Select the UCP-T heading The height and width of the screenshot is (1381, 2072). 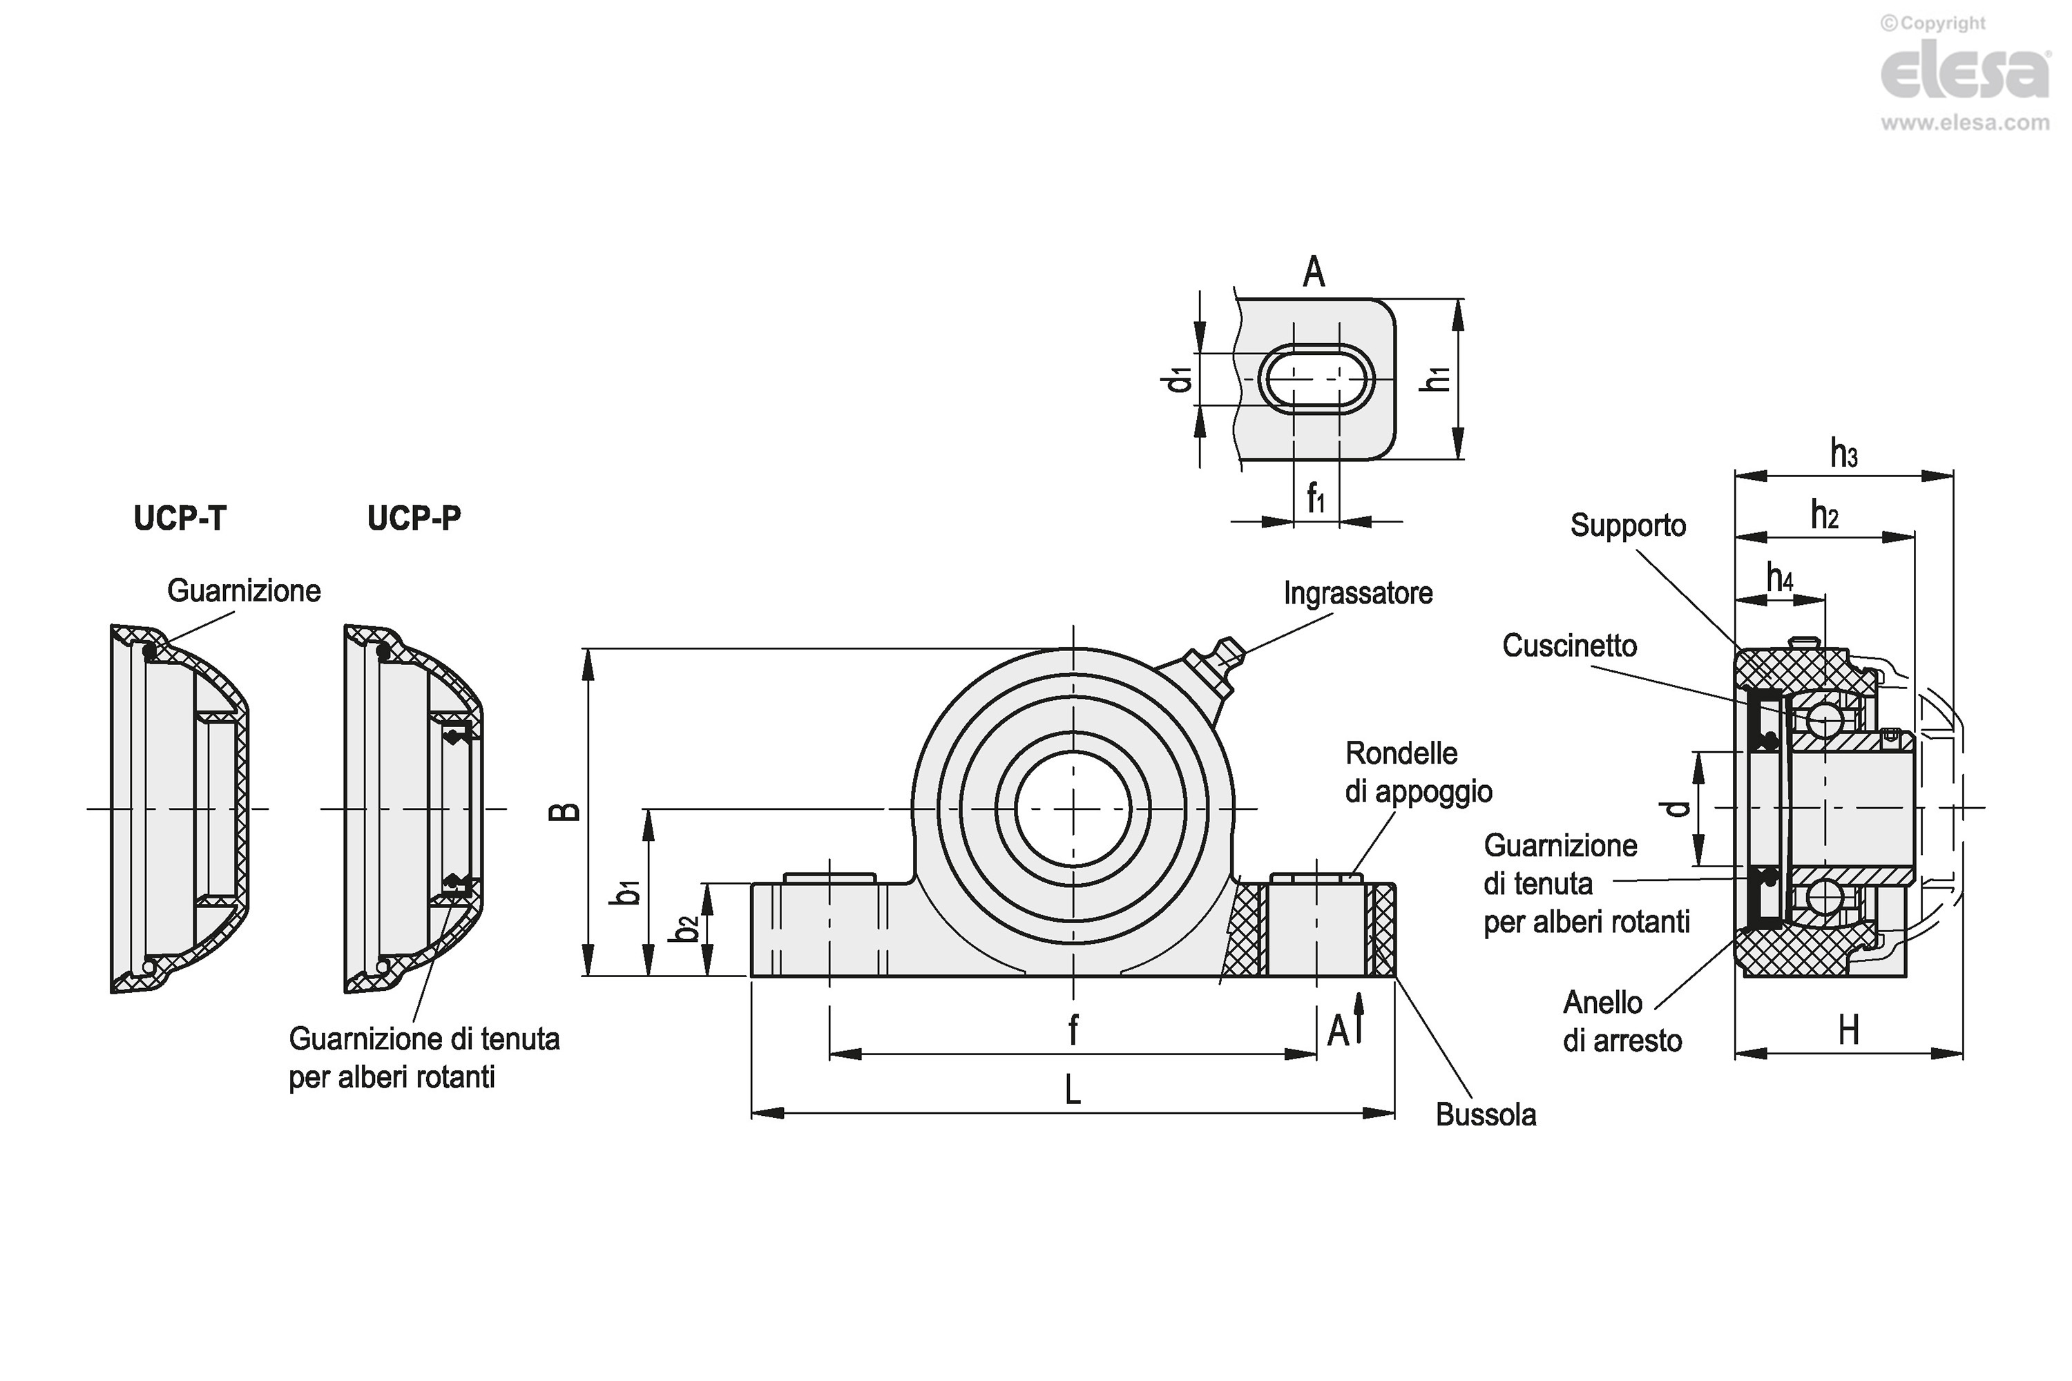click(x=180, y=518)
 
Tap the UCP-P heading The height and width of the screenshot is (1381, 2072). click(x=413, y=518)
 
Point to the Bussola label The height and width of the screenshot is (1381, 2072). click(x=1486, y=1115)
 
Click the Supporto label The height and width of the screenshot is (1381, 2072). click(x=1627, y=525)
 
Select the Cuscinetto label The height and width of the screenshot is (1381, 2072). click(x=1569, y=646)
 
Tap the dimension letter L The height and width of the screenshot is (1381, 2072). click(x=1072, y=1091)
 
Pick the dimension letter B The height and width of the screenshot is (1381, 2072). click(x=565, y=811)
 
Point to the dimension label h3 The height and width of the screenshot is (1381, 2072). click(x=1844, y=454)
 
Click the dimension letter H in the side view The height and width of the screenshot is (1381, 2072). click(x=1848, y=1029)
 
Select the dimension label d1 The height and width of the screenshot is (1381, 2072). click(x=1178, y=380)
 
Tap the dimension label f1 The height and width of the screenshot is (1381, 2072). click(x=1315, y=499)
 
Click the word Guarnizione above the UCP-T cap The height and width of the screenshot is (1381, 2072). click(x=244, y=591)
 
